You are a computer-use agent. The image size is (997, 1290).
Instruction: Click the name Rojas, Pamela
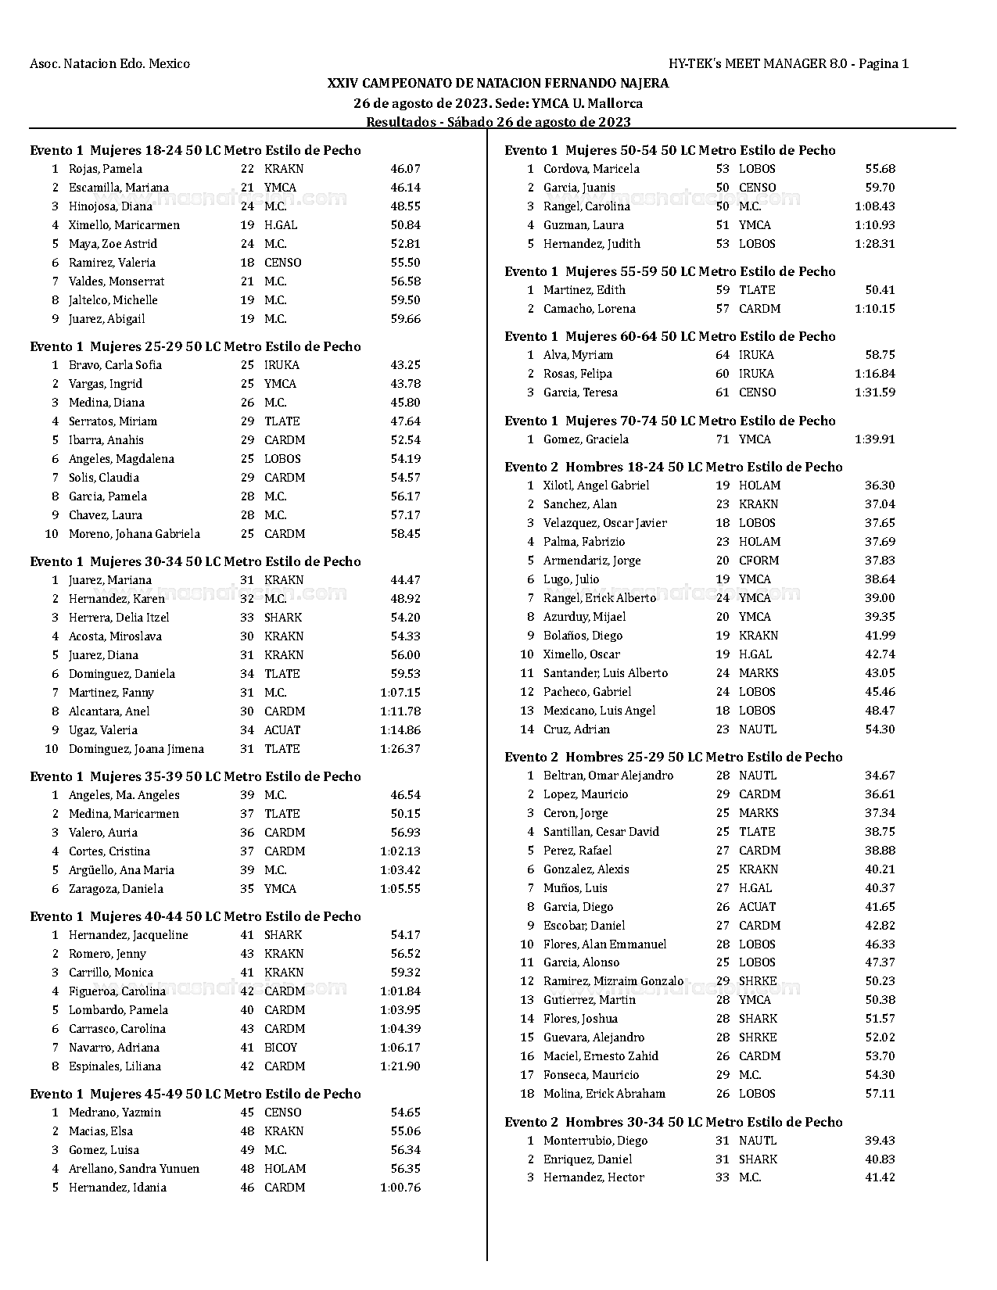(x=105, y=169)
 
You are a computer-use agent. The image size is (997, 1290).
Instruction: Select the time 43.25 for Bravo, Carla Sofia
(x=405, y=365)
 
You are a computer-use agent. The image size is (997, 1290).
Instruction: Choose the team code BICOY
(x=281, y=1048)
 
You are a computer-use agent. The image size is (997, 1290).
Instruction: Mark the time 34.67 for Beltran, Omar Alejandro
(x=880, y=776)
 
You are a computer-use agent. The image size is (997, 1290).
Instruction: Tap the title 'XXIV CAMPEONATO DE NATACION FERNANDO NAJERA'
(x=498, y=83)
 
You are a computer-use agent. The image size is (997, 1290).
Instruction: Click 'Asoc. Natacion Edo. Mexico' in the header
(x=109, y=63)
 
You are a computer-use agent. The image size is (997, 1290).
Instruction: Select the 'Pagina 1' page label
(x=884, y=63)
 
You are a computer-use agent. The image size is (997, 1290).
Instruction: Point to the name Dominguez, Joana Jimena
(x=136, y=749)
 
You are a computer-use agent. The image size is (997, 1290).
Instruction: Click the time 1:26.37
(x=400, y=749)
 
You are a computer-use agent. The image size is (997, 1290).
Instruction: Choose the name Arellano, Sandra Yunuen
(x=134, y=1169)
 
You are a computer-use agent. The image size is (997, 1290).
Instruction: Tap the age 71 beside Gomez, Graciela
(x=722, y=439)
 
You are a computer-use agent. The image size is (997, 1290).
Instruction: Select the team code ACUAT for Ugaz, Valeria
(x=282, y=730)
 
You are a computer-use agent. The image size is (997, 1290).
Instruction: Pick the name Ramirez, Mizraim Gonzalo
(x=613, y=981)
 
